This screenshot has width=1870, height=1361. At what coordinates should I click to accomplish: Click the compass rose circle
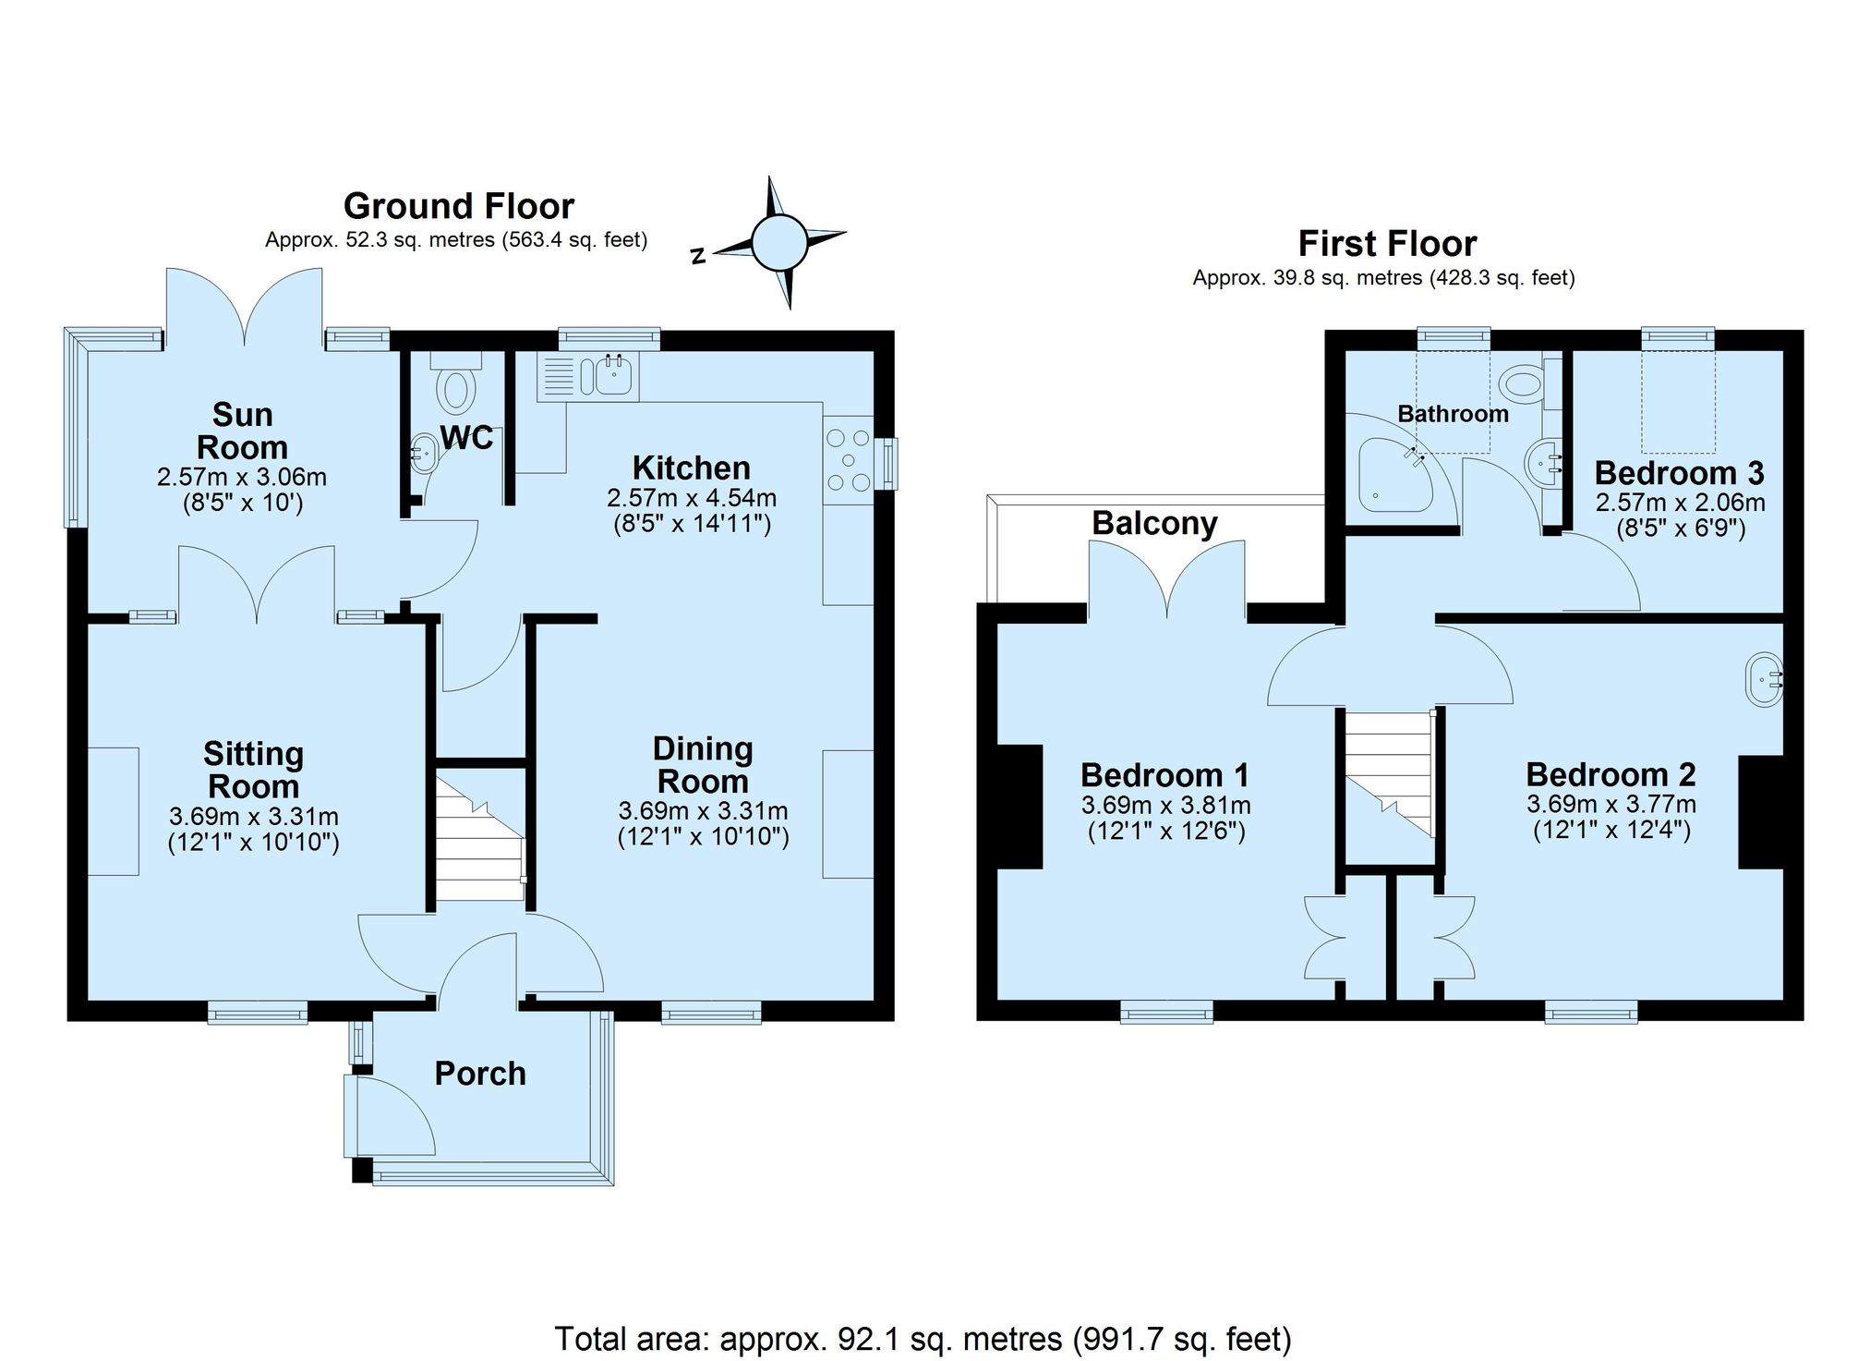pyautogui.click(x=779, y=242)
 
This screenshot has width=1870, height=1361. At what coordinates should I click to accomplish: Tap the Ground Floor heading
pyautogui.click(x=458, y=205)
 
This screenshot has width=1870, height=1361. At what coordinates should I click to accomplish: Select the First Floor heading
pyautogui.click(x=1386, y=243)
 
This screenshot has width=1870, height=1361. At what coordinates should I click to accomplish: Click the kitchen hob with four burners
pyautogui.click(x=848, y=459)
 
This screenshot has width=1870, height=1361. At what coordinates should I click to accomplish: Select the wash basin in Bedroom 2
pyautogui.click(x=1763, y=680)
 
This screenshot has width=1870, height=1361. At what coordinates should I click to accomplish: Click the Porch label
pyautogui.click(x=480, y=1073)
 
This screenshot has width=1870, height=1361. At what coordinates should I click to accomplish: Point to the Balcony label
pyautogui.click(x=1154, y=523)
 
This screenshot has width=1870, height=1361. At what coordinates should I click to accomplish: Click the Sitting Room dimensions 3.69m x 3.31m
pyautogui.click(x=253, y=817)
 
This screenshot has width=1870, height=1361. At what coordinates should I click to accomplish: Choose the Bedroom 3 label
pyautogui.click(x=1678, y=473)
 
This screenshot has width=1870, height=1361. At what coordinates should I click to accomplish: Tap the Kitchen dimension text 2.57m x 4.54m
pyautogui.click(x=691, y=498)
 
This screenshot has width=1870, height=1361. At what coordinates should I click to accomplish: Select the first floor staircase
pyautogui.click(x=1388, y=772)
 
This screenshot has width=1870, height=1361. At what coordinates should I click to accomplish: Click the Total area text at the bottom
pyautogui.click(x=922, y=1338)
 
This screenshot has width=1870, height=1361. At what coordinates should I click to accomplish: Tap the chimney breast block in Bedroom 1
pyautogui.click(x=1019, y=806)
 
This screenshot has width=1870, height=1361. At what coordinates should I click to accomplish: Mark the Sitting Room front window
pyautogui.click(x=257, y=1014)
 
